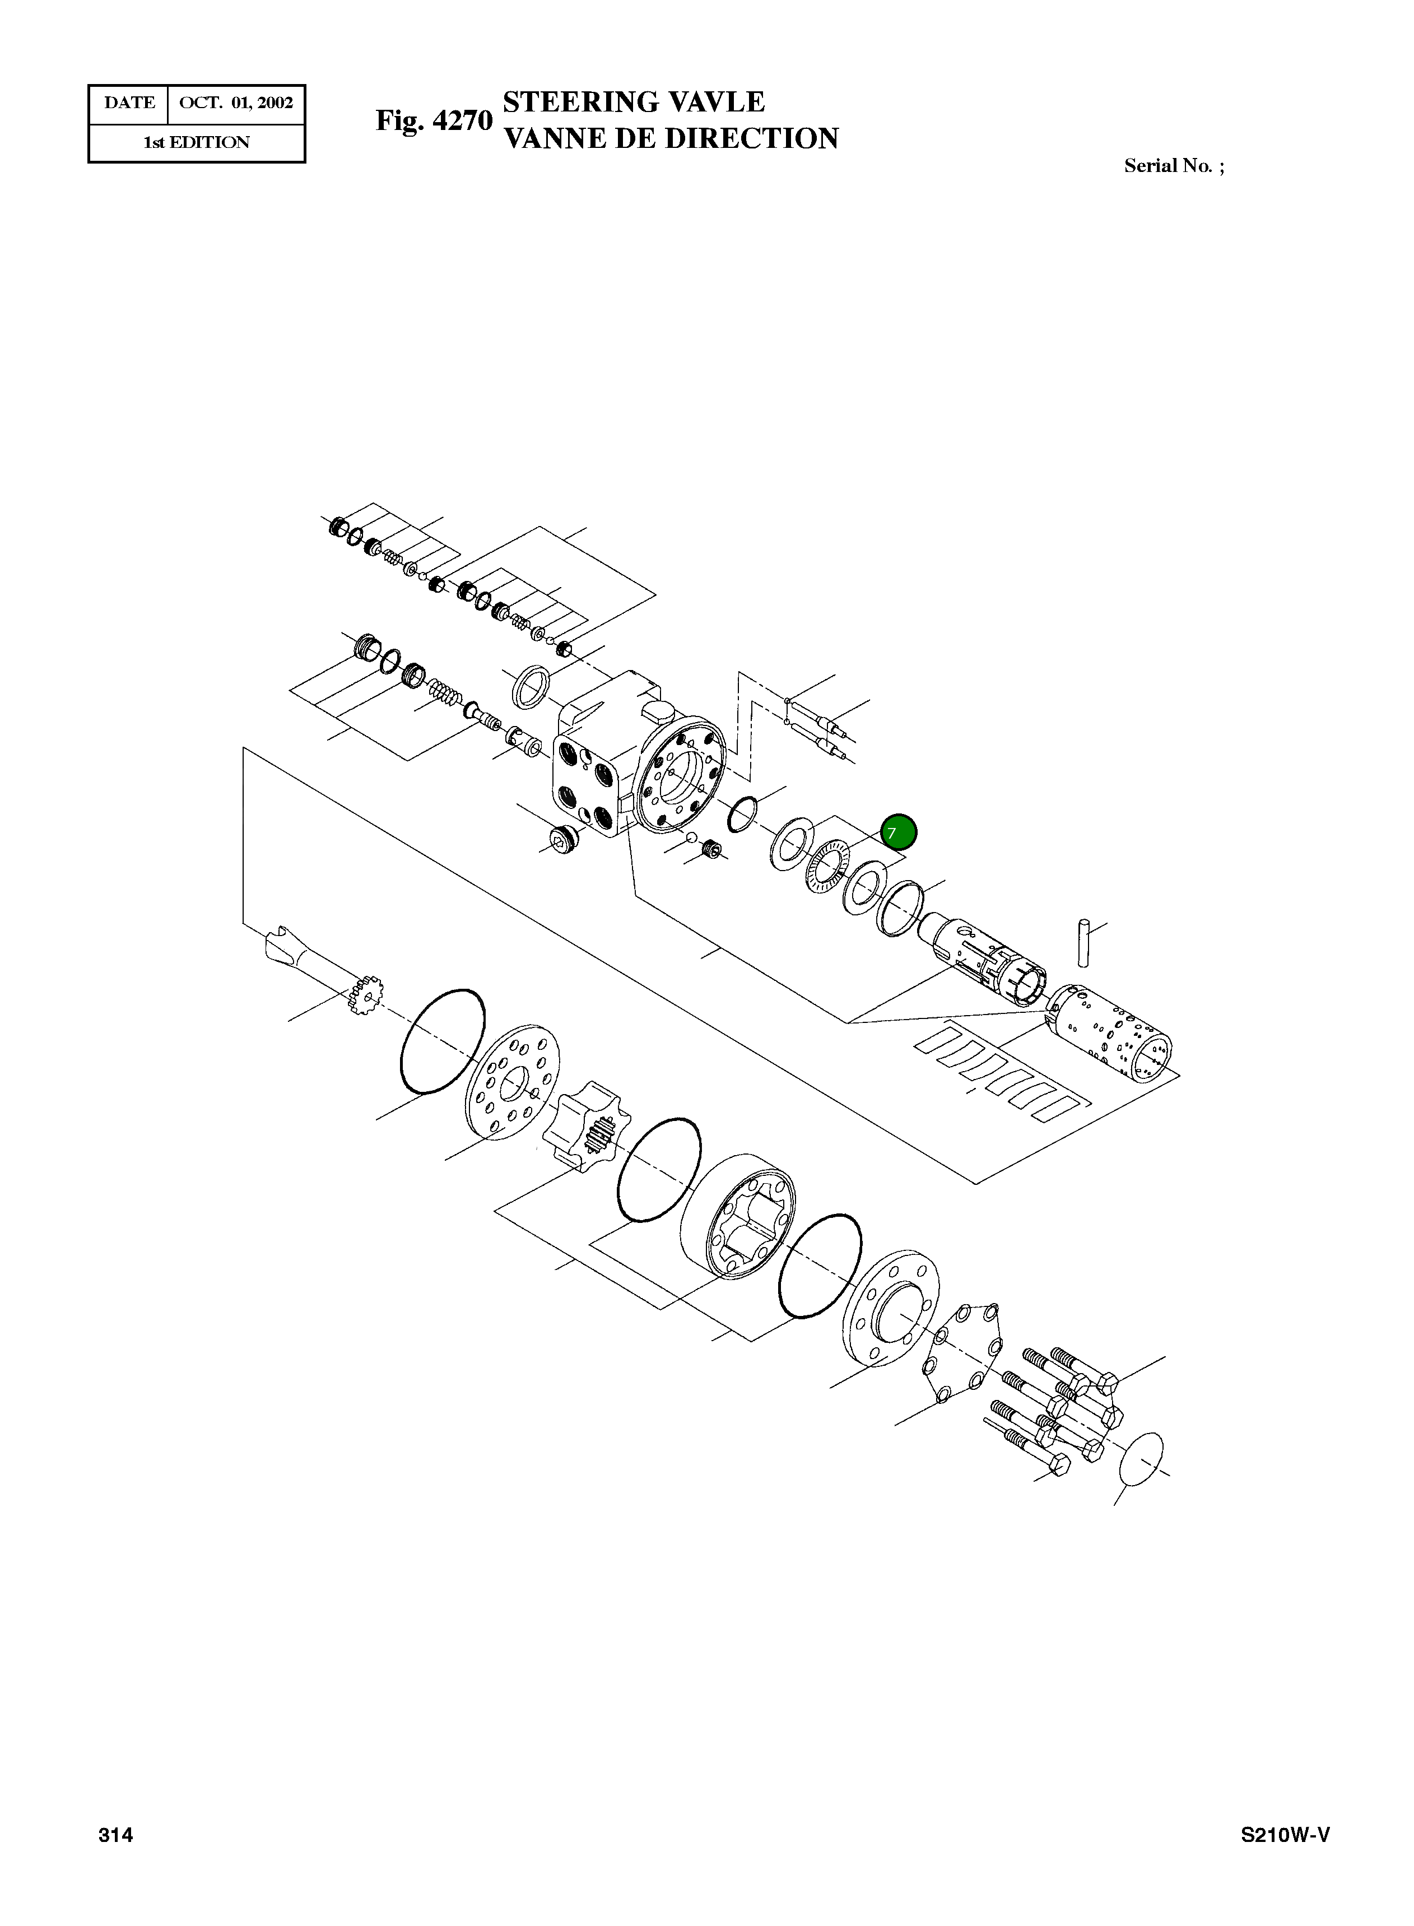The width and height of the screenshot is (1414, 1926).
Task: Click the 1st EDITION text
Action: pos(197,143)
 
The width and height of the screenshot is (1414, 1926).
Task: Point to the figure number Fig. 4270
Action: pos(434,120)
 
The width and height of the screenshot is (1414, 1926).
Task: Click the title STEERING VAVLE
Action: pos(634,102)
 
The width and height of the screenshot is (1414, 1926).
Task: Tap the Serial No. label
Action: pos(1174,166)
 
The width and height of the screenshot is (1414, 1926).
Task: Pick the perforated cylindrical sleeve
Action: pos(1110,1033)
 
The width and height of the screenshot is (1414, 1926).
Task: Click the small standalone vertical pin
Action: pos(1083,943)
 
